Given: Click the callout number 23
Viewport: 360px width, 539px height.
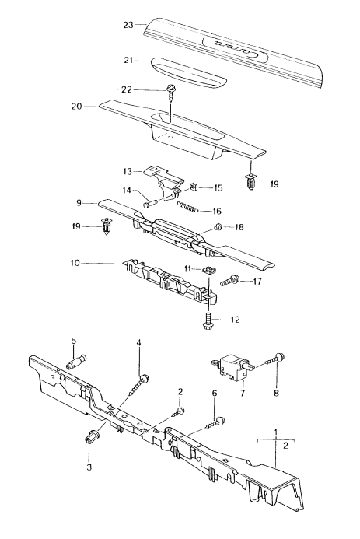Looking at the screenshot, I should click(x=128, y=26).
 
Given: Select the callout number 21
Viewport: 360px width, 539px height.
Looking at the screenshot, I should click(x=128, y=61).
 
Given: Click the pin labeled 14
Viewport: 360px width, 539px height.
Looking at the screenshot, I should click(x=152, y=201).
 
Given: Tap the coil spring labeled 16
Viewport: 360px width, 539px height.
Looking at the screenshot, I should click(x=190, y=208).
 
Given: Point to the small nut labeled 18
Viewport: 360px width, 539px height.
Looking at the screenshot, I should click(x=219, y=227).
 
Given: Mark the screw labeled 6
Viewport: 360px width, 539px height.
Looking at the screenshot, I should click(x=217, y=422).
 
